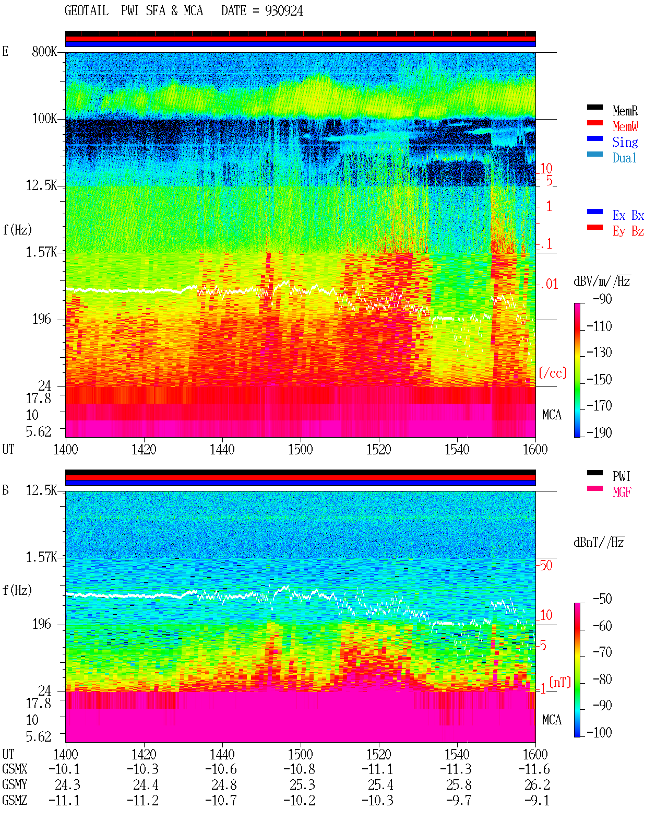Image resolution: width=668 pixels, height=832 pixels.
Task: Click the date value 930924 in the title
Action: pos(283,11)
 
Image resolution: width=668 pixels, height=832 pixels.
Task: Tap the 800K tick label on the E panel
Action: pos(44,51)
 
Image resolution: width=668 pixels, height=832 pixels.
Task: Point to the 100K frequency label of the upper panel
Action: pos(44,119)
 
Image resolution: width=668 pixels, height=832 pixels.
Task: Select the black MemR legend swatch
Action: pos(594,107)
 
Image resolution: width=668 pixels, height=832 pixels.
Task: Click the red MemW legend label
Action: pos(625,126)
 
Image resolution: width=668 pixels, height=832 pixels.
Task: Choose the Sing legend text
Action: pos(625,142)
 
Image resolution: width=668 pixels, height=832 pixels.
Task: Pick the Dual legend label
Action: pos(625,158)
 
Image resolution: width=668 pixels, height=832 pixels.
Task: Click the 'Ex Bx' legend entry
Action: pos(628,215)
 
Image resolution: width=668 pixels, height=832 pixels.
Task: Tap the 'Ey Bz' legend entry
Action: pos(628,231)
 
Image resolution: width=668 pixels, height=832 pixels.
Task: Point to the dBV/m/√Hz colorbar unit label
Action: pos(602,281)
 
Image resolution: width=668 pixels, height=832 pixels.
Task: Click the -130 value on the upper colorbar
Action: pos(599,353)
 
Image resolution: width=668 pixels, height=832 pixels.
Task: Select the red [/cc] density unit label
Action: pos(553,373)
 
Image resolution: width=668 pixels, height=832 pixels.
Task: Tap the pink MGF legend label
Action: pos(622,492)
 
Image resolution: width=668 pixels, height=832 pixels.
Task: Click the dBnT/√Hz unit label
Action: pos(599,543)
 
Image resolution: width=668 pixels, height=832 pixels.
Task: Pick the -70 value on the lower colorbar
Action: pos(602,652)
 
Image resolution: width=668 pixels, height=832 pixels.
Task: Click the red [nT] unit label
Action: pos(560,682)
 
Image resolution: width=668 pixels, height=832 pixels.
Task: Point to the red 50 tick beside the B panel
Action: pos(546,566)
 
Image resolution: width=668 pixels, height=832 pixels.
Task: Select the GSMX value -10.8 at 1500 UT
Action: pos(300,769)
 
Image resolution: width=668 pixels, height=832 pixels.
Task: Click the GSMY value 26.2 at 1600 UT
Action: pos(537,785)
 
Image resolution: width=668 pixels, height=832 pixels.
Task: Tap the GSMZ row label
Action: pos(15,800)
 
